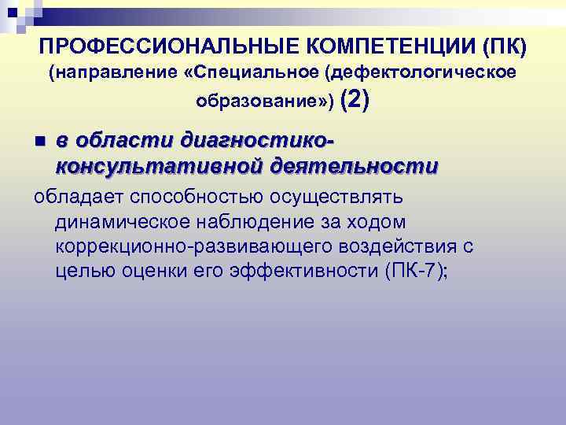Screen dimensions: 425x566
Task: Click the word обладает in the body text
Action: pos(74,194)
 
